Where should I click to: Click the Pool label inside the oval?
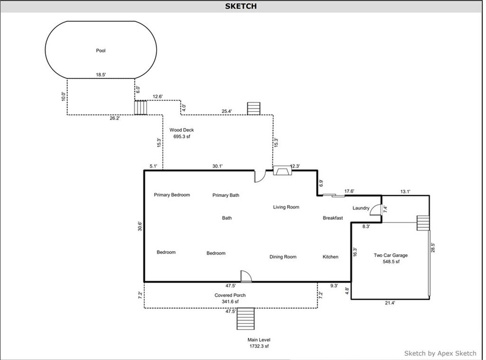click(x=101, y=50)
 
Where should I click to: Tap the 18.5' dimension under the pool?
click(x=101, y=74)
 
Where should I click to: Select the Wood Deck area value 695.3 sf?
click(x=182, y=136)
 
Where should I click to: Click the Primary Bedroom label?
click(x=172, y=195)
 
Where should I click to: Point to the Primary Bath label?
click(x=225, y=195)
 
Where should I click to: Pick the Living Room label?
click(x=286, y=207)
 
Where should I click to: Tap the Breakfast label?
click(x=333, y=218)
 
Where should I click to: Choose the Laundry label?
click(x=361, y=208)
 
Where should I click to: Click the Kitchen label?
click(x=330, y=257)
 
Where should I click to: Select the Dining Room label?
click(x=283, y=257)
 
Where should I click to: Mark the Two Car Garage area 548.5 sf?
click(x=391, y=261)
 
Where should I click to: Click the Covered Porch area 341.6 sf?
click(x=230, y=302)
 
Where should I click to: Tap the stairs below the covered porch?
click(x=245, y=318)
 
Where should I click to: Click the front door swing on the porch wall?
click(x=246, y=276)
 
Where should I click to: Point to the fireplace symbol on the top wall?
click(x=282, y=170)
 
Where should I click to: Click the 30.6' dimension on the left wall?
click(x=140, y=226)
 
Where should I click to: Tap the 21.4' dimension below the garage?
click(x=390, y=303)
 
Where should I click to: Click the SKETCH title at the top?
click(x=241, y=6)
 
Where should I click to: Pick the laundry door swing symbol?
click(x=376, y=209)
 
